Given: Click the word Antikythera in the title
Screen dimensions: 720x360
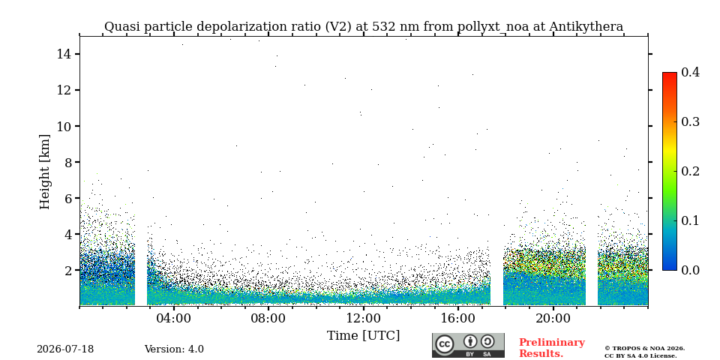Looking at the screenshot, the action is tap(586, 27).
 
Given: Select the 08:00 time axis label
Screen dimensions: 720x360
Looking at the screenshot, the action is tap(268, 318).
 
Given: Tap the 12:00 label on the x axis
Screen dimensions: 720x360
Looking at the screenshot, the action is tap(363, 318).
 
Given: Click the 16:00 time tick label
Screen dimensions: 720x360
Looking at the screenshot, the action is tap(457, 318).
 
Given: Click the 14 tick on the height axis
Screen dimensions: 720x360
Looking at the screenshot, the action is tap(63, 54).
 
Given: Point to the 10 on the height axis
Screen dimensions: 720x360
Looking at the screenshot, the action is tap(63, 126).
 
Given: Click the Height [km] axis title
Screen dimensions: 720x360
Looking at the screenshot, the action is tap(44, 172).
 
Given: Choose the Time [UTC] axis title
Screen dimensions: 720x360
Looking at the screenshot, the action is tap(363, 336).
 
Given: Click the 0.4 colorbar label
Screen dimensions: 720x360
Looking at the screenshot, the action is tap(690, 72).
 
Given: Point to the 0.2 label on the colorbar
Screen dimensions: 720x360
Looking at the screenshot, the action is tap(690, 171).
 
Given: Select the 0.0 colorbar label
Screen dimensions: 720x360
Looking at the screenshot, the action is tap(690, 270).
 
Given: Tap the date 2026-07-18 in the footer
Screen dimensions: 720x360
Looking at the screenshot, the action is tap(65, 349).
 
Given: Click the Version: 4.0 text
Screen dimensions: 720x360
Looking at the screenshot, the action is tap(174, 349).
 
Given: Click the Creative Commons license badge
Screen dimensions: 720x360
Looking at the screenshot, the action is tap(468, 345).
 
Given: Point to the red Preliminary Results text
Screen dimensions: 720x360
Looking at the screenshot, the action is tap(551, 348).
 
